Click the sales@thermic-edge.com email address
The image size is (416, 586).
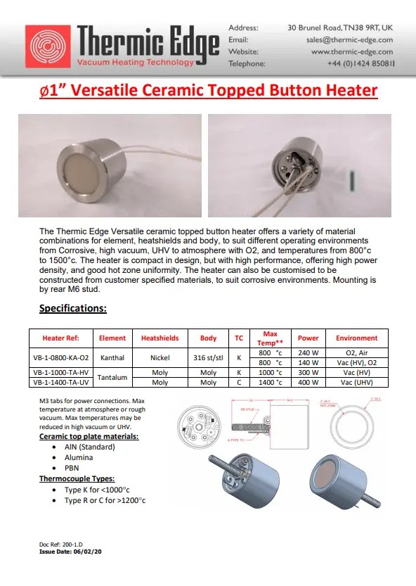click(x=350, y=39)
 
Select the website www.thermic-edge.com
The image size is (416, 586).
click(x=352, y=51)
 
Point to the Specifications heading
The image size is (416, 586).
click(x=72, y=308)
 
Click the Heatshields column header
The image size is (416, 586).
click(x=160, y=338)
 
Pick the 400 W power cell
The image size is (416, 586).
click(x=308, y=383)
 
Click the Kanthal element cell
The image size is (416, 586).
click(x=112, y=357)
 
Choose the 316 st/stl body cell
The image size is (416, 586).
click(x=208, y=357)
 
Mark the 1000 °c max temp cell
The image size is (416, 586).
click(x=270, y=372)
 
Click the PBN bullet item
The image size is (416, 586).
click(x=72, y=467)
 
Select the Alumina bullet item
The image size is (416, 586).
click(x=78, y=457)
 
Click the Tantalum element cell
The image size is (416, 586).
click(x=112, y=377)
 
